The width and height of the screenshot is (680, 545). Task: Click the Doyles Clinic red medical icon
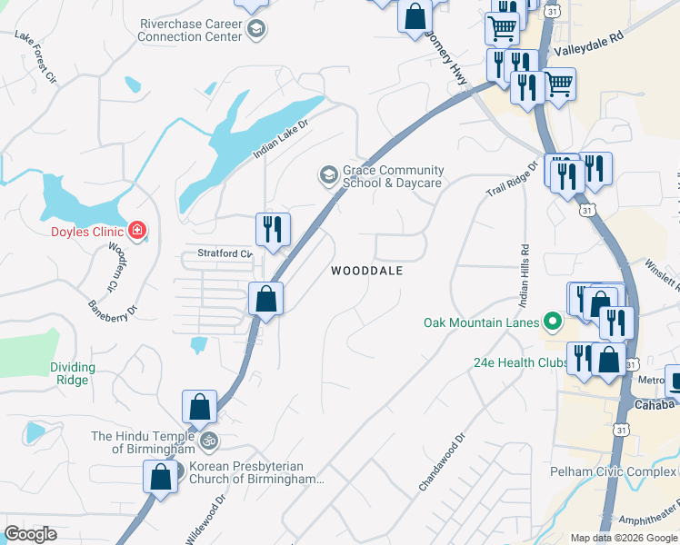point(137,231)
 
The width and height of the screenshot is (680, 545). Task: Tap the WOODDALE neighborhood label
point(366,271)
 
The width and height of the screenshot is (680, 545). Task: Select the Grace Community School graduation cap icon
point(327,173)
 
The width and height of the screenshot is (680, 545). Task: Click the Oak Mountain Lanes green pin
point(551,322)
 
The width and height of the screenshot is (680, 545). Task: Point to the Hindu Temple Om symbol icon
point(209,441)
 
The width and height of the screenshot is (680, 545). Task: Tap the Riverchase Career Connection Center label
point(190,30)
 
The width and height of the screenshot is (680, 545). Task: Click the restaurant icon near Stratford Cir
point(273,230)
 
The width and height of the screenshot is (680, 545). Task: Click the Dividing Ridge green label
point(72,373)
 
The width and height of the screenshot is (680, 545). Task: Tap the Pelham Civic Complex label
point(614,471)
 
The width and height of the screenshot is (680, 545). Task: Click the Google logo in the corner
point(30,534)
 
